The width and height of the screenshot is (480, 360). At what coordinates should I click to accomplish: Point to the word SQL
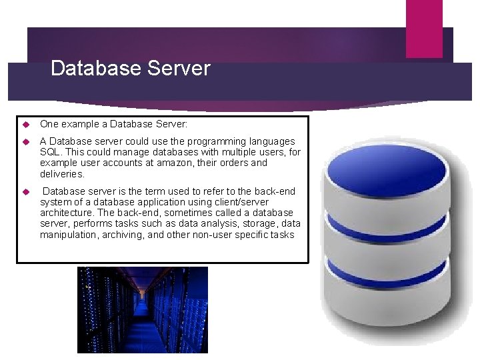tap(50, 152)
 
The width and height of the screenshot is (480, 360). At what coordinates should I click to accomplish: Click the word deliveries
tap(62, 174)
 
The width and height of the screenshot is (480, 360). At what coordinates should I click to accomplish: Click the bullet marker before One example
tap(25, 124)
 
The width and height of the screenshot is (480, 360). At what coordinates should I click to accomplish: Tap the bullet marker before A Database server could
tap(25, 142)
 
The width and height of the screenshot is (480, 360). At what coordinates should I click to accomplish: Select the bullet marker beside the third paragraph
tap(25, 192)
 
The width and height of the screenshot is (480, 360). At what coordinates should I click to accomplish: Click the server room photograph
tap(142, 309)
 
